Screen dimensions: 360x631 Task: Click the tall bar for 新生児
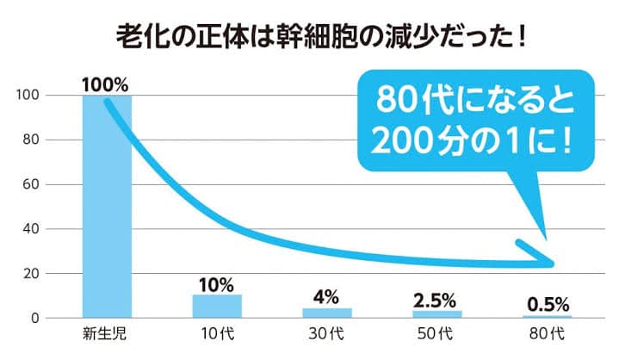pyautogui.click(x=107, y=207)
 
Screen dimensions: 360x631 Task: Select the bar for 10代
pyautogui.click(x=217, y=307)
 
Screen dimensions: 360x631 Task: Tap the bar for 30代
pyautogui.click(x=327, y=313)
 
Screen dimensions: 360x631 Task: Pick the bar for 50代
pyautogui.click(x=437, y=314)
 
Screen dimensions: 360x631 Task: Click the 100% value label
pyautogui.click(x=105, y=84)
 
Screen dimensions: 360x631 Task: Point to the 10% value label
pyautogui.click(x=217, y=285)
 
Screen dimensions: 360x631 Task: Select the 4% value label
pyautogui.click(x=327, y=298)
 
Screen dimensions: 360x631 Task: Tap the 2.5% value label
pyautogui.click(x=437, y=301)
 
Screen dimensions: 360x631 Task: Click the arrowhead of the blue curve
pyautogui.click(x=542, y=259)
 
